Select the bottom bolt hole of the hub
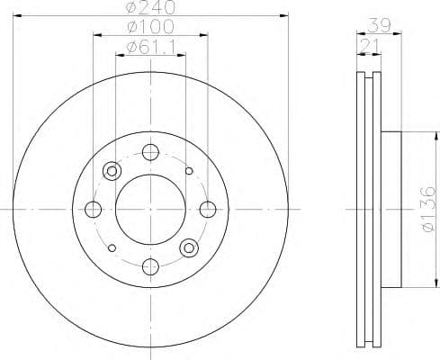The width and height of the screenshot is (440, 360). pos(149,265)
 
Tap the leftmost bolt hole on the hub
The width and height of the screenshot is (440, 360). pos(93,210)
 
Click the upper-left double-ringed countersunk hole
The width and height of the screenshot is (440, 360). pos(112,171)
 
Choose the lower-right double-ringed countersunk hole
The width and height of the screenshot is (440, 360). pos(189,247)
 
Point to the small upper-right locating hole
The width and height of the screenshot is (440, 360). pos(188,171)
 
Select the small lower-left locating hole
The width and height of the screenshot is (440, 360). pos(111,247)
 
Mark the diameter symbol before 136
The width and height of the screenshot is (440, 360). pos(427,236)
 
